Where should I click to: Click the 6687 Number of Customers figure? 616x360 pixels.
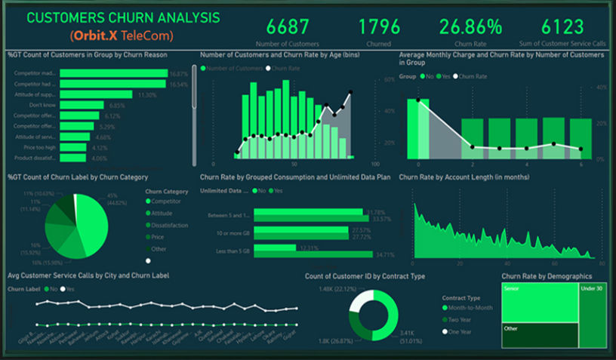(x=288, y=27)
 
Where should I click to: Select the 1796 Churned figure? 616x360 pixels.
(x=379, y=27)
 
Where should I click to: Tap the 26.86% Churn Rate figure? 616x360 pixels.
(x=470, y=27)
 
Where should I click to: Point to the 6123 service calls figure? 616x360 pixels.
(x=562, y=27)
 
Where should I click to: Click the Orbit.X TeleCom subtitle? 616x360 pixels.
(x=121, y=35)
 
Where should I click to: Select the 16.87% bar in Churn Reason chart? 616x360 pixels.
(x=113, y=74)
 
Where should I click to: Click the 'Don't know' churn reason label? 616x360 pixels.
(x=42, y=106)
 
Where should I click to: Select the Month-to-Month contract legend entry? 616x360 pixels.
(x=471, y=308)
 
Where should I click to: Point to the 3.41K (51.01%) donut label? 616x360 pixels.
(x=412, y=336)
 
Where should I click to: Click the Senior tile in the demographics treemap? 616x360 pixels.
(x=539, y=304)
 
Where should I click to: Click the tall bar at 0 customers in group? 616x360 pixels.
(x=418, y=128)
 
